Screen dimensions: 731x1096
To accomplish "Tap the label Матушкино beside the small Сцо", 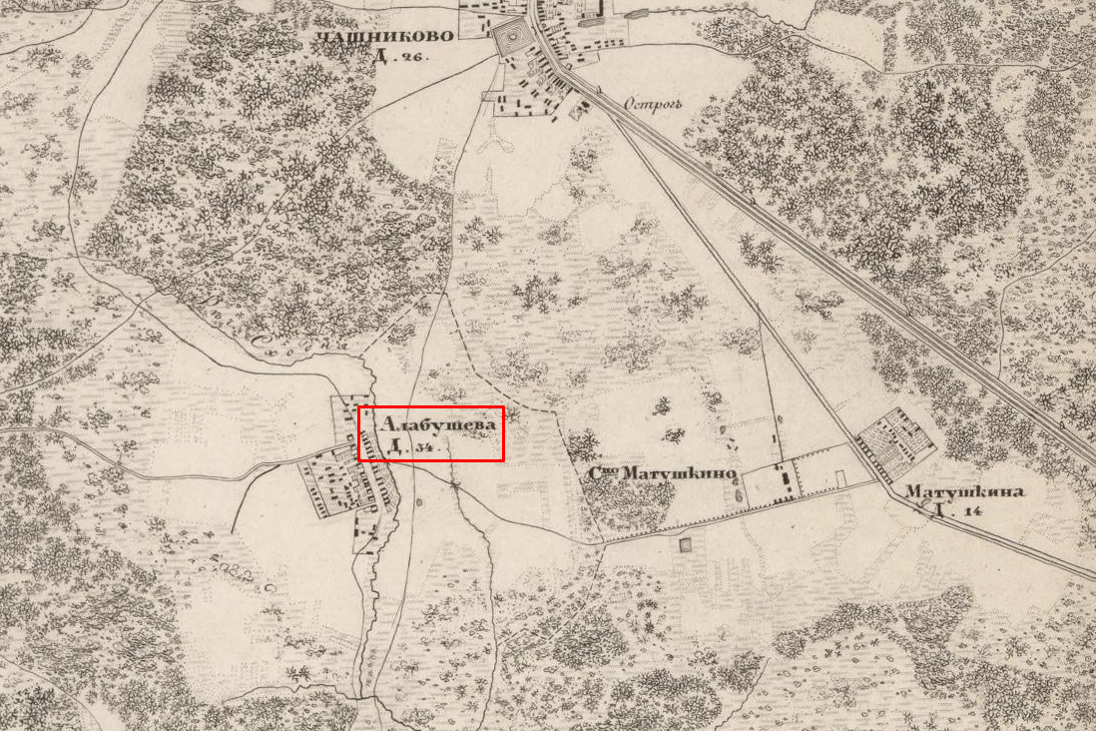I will (680, 473).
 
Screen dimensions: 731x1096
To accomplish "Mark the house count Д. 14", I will (952, 511).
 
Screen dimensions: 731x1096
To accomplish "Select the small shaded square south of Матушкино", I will (686, 545).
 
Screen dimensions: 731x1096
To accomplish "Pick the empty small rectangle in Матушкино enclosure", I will (841, 480).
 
